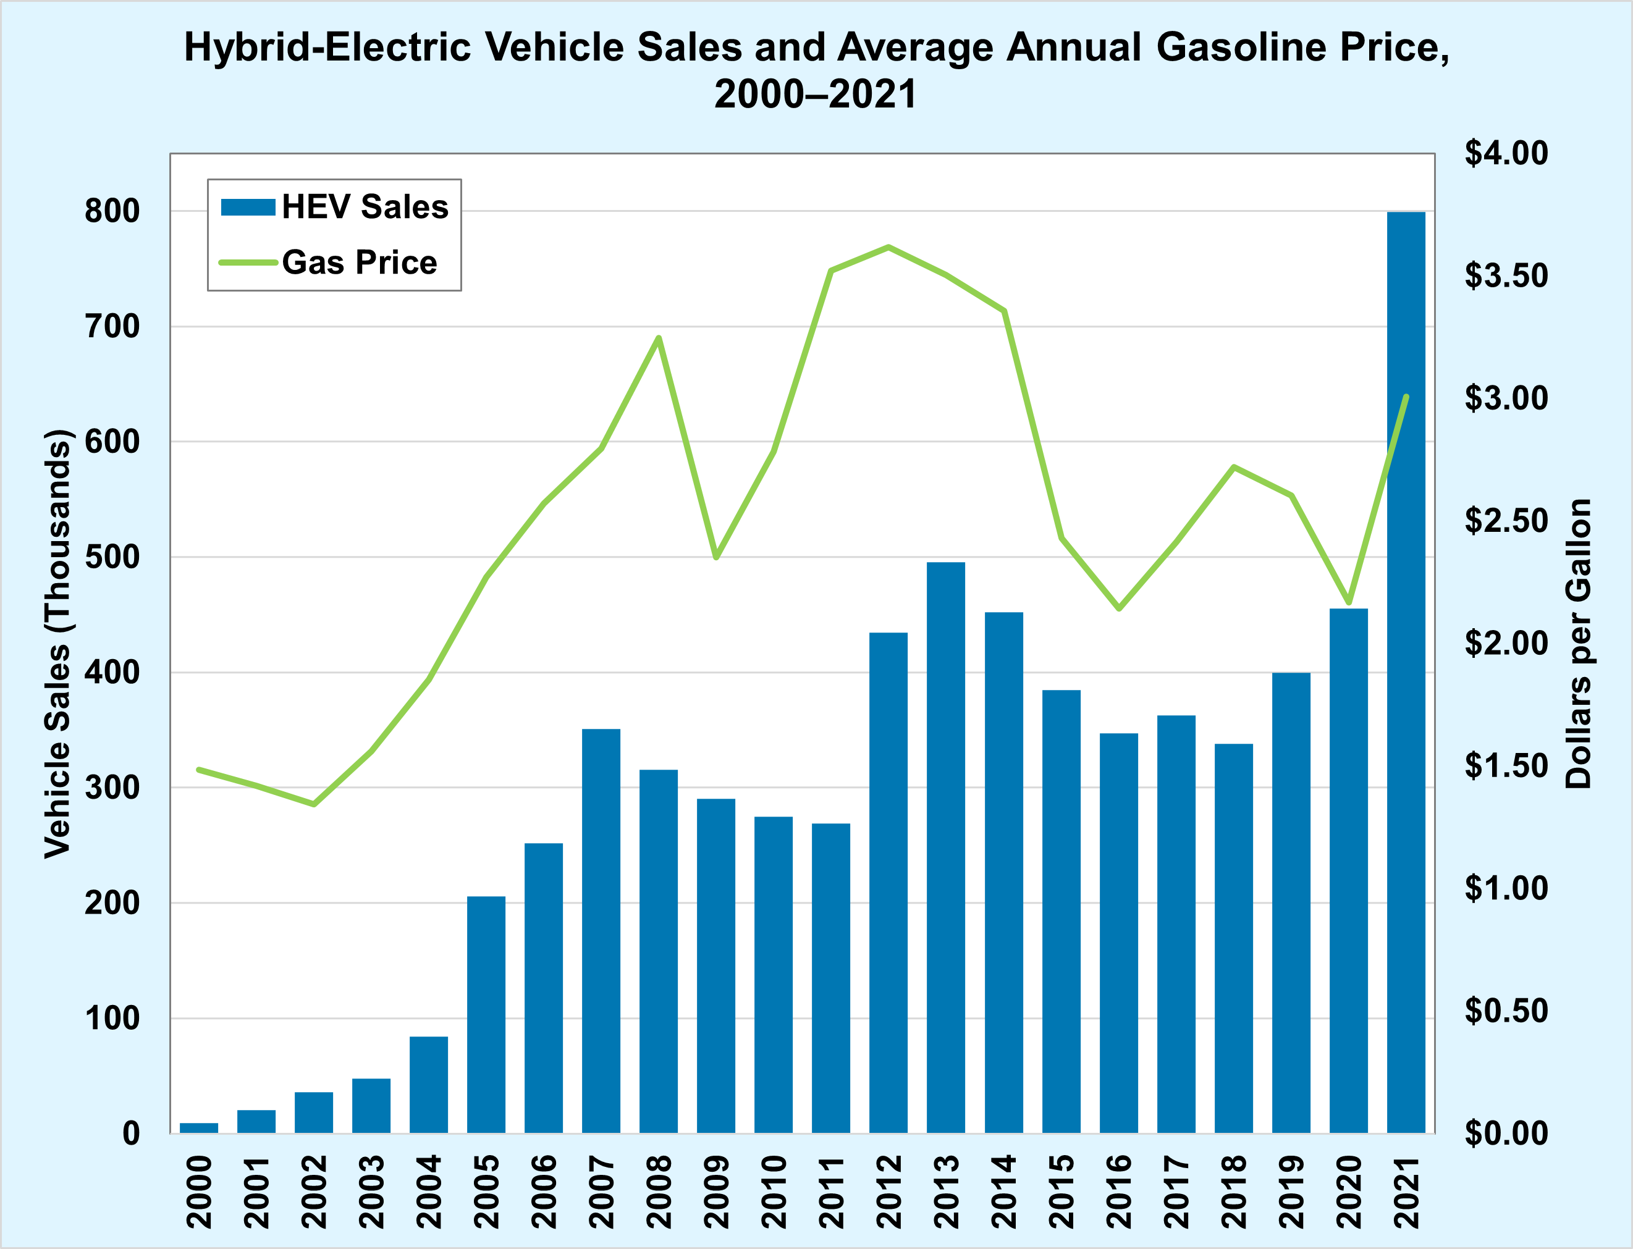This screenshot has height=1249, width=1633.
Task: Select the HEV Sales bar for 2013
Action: click(946, 847)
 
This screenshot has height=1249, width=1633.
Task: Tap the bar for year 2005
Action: click(486, 1015)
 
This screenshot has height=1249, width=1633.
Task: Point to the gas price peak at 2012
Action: click(888, 247)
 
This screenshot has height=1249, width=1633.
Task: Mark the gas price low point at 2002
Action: click(314, 804)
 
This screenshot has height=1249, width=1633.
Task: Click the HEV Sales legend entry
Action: click(335, 207)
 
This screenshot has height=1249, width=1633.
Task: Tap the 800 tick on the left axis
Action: click(112, 212)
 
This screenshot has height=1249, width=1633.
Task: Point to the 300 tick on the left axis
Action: click(112, 788)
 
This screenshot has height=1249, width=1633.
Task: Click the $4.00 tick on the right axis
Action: click(1506, 153)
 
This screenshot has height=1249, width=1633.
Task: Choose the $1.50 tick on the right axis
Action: click(1506, 766)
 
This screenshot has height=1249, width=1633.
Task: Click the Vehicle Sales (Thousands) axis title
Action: click(57, 643)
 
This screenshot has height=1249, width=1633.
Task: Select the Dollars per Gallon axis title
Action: click(1578, 643)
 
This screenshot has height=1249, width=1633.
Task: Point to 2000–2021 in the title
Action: click(816, 95)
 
